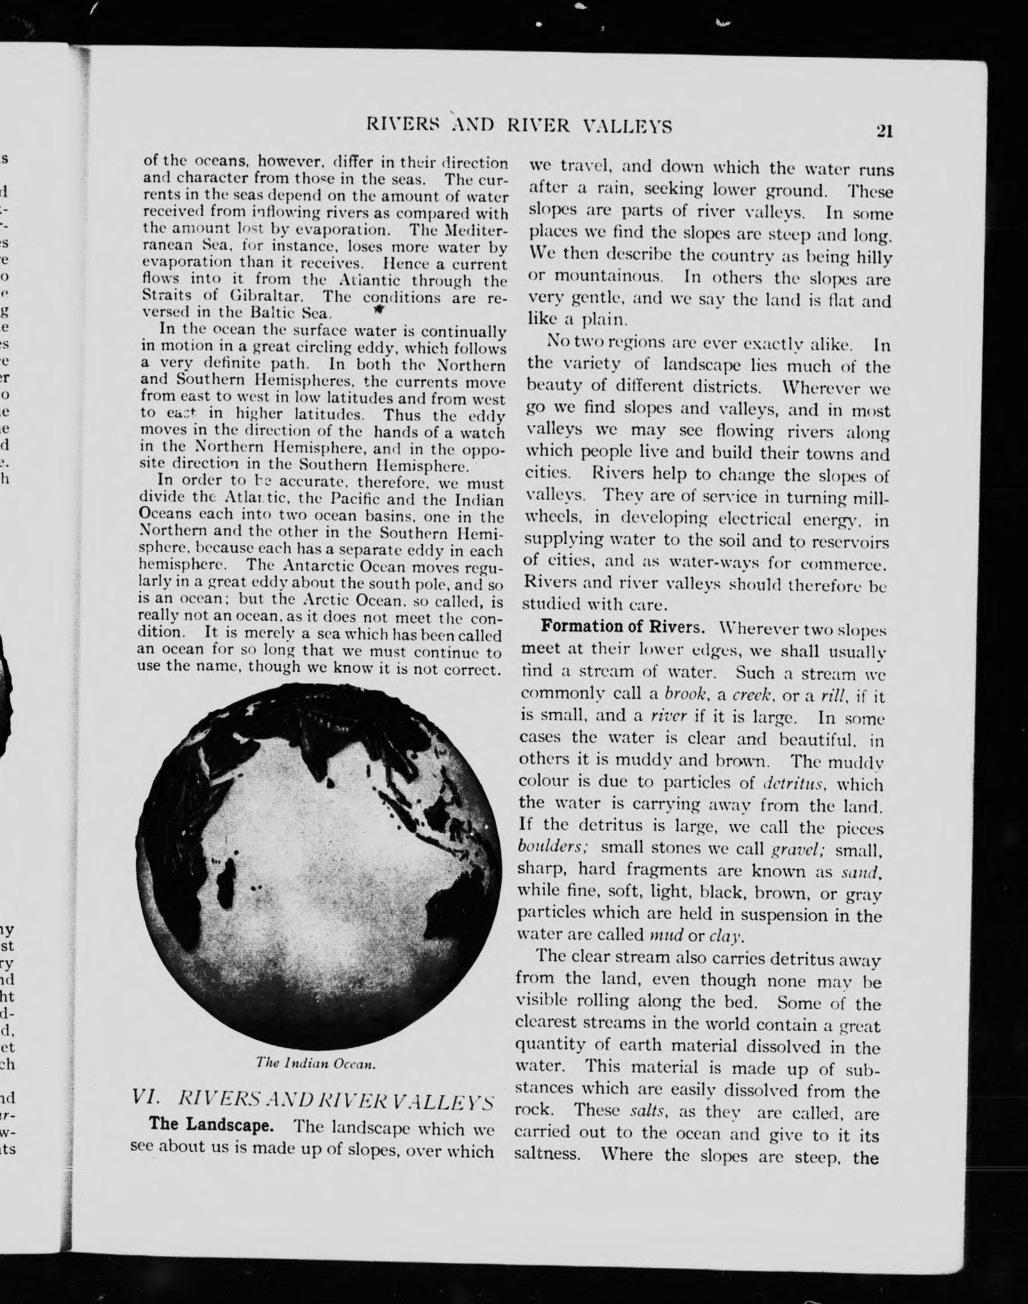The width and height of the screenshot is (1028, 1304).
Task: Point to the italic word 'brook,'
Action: pos(687,695)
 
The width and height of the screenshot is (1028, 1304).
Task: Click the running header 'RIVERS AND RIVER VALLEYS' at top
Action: pos(518,127)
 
